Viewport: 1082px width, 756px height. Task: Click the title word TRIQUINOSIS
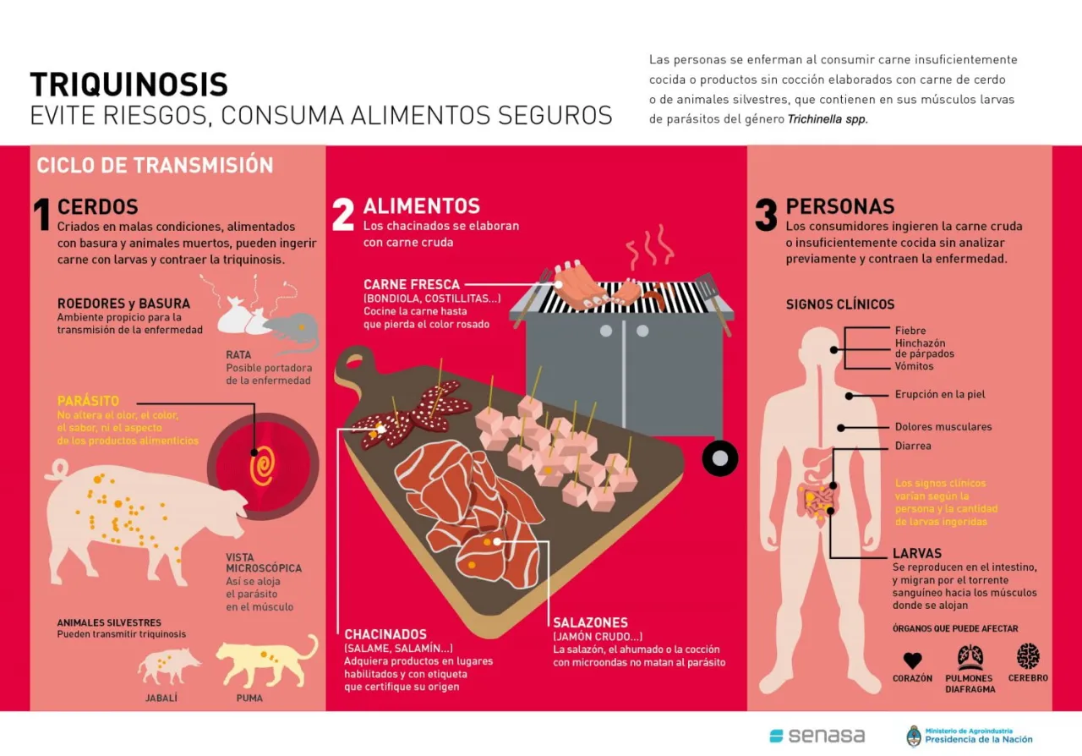(128, 85)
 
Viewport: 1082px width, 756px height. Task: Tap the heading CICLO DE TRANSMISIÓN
(155, 165)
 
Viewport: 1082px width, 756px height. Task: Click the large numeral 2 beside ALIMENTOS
(343, 214)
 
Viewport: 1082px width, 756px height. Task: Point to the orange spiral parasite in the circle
(263, 465)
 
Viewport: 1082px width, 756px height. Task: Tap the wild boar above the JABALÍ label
(168, 666)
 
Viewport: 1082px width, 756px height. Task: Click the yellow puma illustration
(266, 660)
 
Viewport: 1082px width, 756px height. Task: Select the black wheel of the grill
(719, 458)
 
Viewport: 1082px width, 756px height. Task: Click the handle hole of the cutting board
(354, 360)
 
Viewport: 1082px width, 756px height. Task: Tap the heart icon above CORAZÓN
(912, 660)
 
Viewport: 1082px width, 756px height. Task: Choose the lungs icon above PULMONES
(969, 657)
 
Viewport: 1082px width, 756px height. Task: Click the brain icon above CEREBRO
(1028, 656)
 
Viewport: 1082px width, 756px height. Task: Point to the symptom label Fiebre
(910, 331)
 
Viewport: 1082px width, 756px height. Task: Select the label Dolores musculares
(943, 427)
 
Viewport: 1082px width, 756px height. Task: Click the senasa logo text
(827, 736)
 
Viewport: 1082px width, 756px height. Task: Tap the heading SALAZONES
(590, 622)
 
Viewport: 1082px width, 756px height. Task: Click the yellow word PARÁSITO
(88, 401)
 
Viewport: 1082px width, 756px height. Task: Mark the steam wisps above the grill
(650, 247)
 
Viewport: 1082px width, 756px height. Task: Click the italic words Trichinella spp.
(828, 119)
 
